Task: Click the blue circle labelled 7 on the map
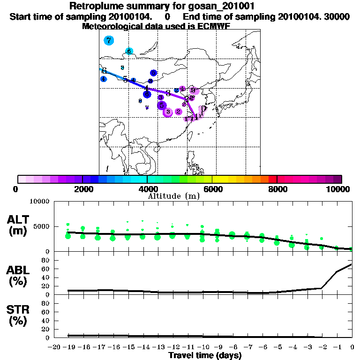point(109,40)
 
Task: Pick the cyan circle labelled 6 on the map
point(129,51)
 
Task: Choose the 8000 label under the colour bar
point(277,189)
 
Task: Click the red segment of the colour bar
point(272,179)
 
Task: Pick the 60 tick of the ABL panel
point(46,269)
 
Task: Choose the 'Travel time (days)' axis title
point(205,355)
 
